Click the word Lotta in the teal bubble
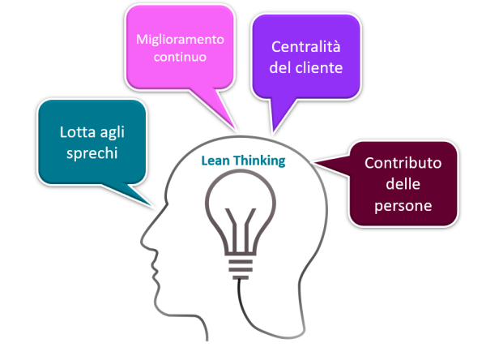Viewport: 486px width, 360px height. pos(78,133)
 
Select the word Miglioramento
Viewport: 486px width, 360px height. pos(179,39)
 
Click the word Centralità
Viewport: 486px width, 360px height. pos(306,45)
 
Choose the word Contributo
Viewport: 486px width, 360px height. pos(403,162)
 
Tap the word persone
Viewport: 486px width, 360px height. pos(403,206)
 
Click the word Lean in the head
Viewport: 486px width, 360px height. pos(215,161)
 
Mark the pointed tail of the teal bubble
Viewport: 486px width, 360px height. pos(151,202)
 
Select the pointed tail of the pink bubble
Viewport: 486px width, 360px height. pos(234,126)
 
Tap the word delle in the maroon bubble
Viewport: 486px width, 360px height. pos(403,184)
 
